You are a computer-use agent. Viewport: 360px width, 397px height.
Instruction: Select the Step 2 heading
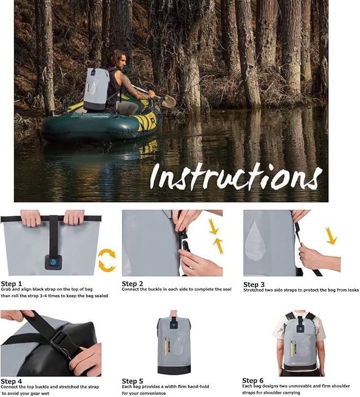[133, 284]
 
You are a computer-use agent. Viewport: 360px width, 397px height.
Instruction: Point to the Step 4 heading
[12, 381]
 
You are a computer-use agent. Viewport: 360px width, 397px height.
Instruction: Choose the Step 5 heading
[133, 381]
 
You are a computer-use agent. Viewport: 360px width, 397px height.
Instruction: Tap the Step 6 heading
[253, 381]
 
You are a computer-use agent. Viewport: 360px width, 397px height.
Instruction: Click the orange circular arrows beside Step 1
[107, 260]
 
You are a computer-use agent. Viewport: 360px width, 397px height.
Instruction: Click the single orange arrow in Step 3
[331, 236]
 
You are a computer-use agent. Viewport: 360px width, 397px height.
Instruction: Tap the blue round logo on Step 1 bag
[53, 261]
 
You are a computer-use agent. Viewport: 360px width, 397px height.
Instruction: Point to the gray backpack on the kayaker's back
[96, 88]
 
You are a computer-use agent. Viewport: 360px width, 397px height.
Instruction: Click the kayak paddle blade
[168, 101]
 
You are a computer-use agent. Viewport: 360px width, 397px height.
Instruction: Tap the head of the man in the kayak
[117, 58]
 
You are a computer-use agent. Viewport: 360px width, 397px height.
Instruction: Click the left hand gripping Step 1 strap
[30, 217]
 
